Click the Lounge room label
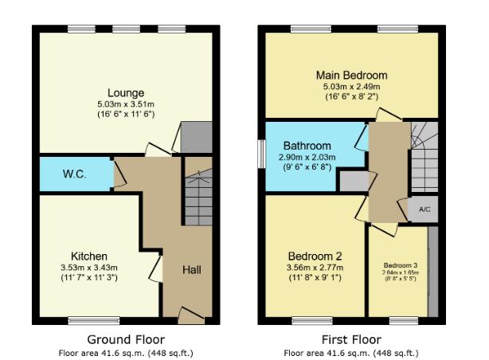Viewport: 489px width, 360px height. [x=125, y=91]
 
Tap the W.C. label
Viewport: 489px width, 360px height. [x=74, y=174]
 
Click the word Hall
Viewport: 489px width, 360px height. [x=191, y=270]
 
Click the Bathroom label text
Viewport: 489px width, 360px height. [x=307, y=147]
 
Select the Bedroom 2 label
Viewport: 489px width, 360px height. [x=315, y=256]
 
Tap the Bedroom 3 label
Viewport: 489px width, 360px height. [x=400, y=265]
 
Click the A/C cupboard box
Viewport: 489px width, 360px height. [x=424, y=209]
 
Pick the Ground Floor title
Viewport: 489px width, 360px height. [x=125, y=338]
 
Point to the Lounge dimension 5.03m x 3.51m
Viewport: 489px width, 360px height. [x=125, y=104]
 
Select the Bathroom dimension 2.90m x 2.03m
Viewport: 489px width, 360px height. [x=307, y=158]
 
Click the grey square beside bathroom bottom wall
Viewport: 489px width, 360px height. [x=350, y=182]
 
